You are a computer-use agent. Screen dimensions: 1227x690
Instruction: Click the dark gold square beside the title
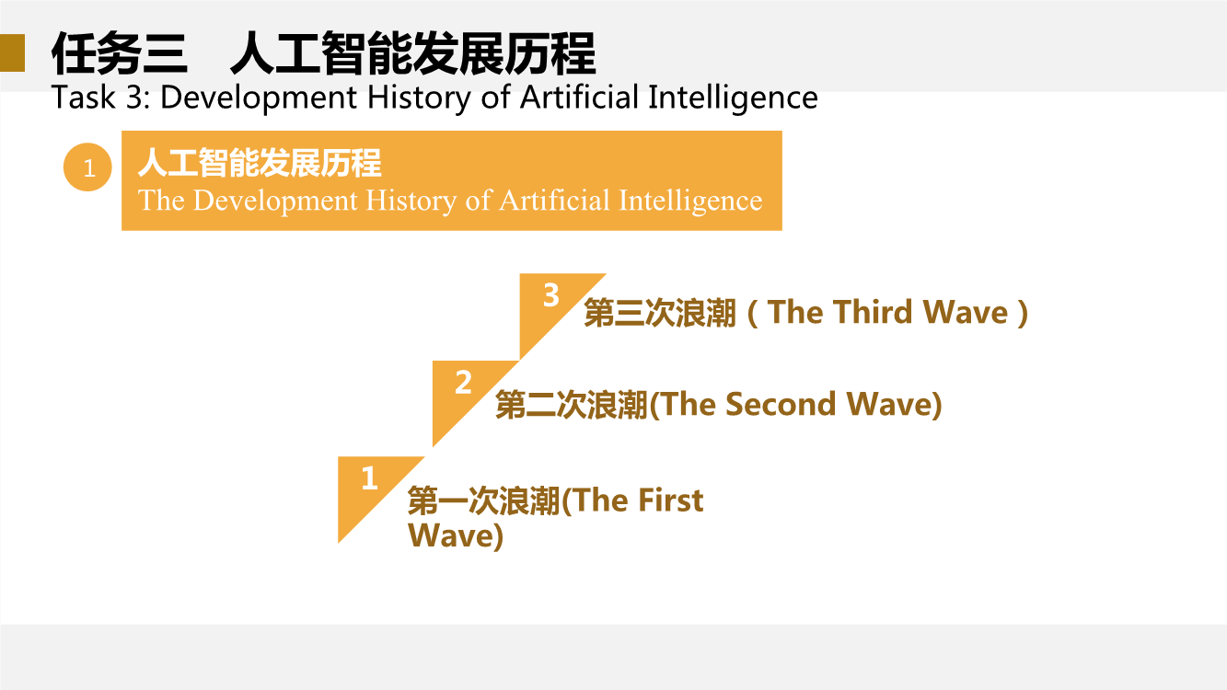click(12, 53)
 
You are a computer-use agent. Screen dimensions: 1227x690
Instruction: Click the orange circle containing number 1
click(87, 167)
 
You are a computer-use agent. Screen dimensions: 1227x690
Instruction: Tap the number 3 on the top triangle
click(551, 295)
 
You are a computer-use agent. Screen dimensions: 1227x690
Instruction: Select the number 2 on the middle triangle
click(463, 382)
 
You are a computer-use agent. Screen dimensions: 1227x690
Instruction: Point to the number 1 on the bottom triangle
click(370, 478)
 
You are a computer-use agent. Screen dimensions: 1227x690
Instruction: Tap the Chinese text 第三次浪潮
click(660, 313)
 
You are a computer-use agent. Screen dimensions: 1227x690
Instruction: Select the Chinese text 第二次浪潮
click(572, 405)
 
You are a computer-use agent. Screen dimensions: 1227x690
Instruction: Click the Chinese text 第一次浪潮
click(483, 500)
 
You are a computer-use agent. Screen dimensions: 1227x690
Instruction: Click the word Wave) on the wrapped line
click(456, 535)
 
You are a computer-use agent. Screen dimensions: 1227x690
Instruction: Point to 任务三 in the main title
click(120, 53)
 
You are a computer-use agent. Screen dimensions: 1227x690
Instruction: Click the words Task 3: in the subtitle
click(100, 98)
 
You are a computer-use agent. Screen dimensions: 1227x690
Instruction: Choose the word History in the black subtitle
click(419, 98)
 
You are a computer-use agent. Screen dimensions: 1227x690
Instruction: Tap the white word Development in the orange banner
click(275, 201)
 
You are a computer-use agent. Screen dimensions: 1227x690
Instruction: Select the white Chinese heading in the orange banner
click(260, 163)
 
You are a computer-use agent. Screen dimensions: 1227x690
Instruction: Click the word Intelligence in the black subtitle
click(733, 98)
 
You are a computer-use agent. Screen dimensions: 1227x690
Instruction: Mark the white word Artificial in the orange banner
click(554, 200)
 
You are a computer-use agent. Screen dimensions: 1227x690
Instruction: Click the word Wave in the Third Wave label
click(966, 312)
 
